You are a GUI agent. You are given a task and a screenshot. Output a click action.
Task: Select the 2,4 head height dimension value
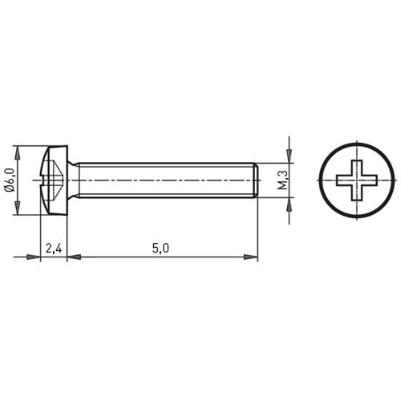pos(55,249)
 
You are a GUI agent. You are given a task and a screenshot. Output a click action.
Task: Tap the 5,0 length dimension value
pos(160,249)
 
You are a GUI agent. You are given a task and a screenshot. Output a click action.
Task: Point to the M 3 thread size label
pos(282,180)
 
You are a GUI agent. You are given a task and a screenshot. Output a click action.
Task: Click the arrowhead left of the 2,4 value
pos(34,257)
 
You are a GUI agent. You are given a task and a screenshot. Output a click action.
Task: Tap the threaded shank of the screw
pos(160,180)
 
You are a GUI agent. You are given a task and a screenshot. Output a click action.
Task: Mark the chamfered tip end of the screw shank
pos(254,180)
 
